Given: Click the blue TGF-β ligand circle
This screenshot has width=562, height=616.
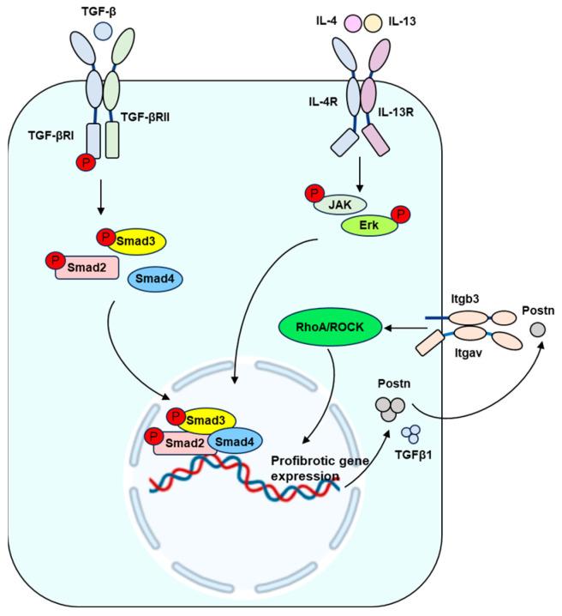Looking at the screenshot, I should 103,31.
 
